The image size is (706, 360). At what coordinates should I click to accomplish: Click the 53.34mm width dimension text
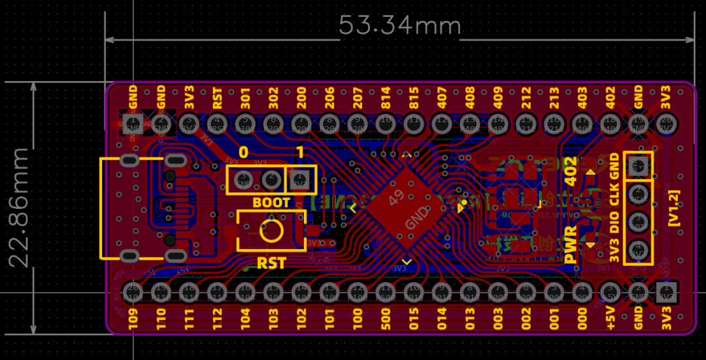[x=400, y=25]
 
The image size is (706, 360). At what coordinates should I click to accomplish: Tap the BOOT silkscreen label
[x=271, y=203]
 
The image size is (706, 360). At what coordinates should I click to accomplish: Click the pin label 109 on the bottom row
[x=133, y=318]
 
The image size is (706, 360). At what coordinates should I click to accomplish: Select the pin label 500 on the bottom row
[x=386, y=318]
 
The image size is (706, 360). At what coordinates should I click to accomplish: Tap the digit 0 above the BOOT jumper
[x=243, y=153]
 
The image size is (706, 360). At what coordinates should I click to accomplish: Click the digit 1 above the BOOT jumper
[x=300, y=153]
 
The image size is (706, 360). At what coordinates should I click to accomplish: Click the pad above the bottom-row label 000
[x=582, y=290]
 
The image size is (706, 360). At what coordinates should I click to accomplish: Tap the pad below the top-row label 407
[x=442, y=122]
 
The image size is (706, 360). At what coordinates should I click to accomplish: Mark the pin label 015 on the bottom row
[x=414, y=318]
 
